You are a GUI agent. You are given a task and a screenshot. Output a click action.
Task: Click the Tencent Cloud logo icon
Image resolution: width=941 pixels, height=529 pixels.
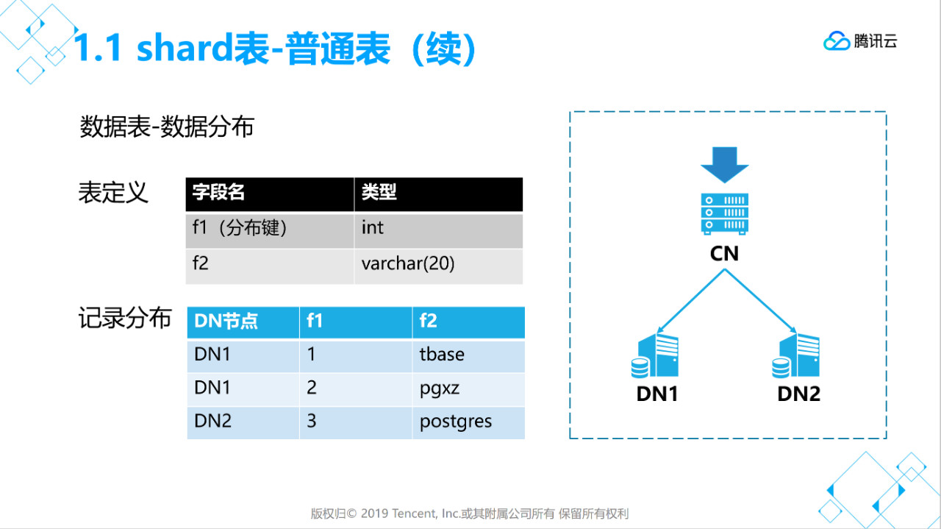[837, 41]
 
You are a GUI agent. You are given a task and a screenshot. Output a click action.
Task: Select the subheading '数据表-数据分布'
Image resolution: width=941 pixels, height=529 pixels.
[167, 127]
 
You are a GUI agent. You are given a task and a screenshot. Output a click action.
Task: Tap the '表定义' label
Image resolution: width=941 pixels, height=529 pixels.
[113, 193]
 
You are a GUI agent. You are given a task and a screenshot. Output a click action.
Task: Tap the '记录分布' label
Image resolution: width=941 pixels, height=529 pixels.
[124, 319]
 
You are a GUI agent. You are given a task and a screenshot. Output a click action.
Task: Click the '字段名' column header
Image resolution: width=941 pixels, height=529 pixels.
[218, 193]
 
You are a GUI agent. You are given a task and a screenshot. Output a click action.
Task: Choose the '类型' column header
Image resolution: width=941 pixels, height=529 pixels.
[379, 193]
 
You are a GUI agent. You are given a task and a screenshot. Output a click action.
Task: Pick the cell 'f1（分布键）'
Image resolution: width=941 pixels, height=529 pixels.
[240, 229]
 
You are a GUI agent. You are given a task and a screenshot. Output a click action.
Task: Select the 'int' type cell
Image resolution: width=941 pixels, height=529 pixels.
[373, 229]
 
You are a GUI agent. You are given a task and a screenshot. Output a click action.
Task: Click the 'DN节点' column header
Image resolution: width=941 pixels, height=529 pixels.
[226, 322]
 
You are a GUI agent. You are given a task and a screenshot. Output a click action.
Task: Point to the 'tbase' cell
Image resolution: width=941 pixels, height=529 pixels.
[442, 355]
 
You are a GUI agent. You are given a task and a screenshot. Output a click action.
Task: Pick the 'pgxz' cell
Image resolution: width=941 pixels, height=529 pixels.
[439, 388]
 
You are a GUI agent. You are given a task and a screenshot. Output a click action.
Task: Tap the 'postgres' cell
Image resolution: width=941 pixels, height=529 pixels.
[456, 422]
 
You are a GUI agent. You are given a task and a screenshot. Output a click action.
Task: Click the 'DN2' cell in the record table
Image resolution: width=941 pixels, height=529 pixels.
[213, 422]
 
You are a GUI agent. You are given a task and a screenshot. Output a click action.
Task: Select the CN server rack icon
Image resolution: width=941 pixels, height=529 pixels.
[724, 213]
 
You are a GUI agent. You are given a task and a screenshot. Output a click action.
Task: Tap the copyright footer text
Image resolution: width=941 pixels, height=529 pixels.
[470, 514]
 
